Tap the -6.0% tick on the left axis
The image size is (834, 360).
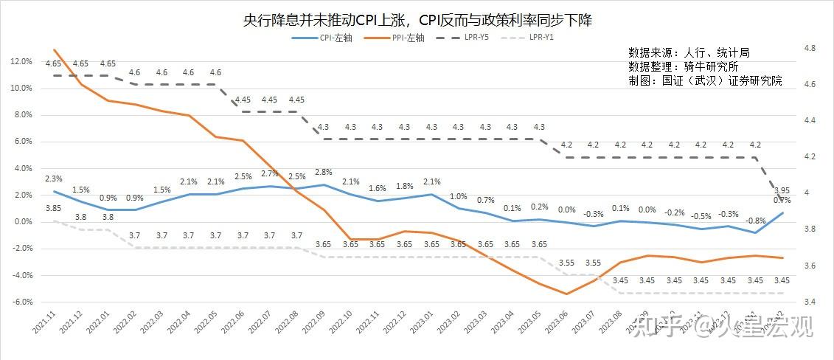pyautogui.click(x=22, y=302)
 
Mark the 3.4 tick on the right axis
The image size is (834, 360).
pyautogui.click(x=809, y=302)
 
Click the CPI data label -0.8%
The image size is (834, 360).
pyautogui.click(x=755, y=221)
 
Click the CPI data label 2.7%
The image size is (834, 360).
pyautogui.click(x=269, y=173)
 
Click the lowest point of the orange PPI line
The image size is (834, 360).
pyautogui.click(x=566, y=294)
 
